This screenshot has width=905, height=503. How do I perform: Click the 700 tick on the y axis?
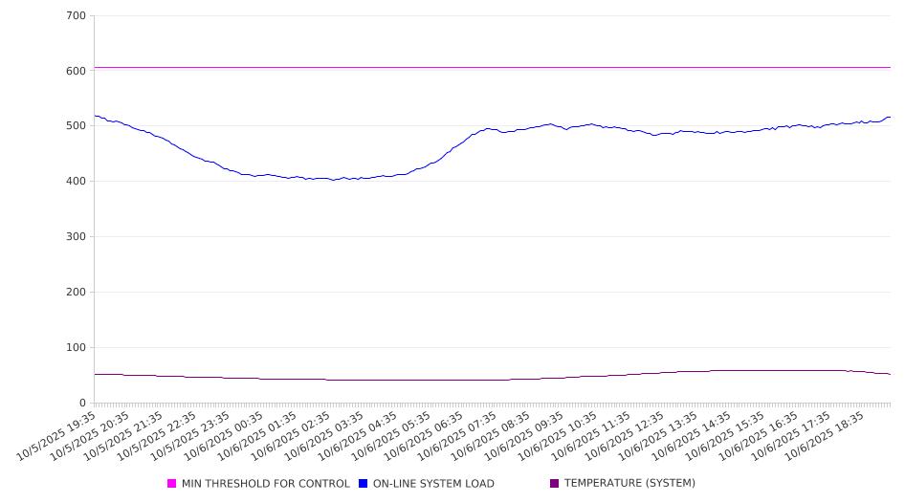coord(77,15)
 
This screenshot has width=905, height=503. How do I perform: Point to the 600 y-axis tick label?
coord(77,71)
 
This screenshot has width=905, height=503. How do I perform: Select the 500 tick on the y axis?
coord(77,126)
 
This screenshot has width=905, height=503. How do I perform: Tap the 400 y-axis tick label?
coord(77,182)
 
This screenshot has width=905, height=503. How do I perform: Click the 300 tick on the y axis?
coord(77,237)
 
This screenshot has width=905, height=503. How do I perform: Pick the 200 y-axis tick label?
coord(77,293)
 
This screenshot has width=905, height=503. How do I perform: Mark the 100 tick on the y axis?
coord(77,348)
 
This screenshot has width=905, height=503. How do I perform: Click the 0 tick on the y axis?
coord(83,404)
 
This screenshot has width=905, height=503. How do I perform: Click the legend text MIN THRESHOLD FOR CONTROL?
coord(265,484)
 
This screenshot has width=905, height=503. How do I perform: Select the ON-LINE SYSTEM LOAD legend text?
coord(433,484)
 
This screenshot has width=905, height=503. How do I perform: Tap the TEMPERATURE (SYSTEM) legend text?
coord(629,484)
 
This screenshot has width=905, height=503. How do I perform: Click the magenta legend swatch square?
coord(172,484)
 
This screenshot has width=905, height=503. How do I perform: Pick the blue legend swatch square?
coord(364,484)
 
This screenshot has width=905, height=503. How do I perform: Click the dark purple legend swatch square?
coord(555,484)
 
